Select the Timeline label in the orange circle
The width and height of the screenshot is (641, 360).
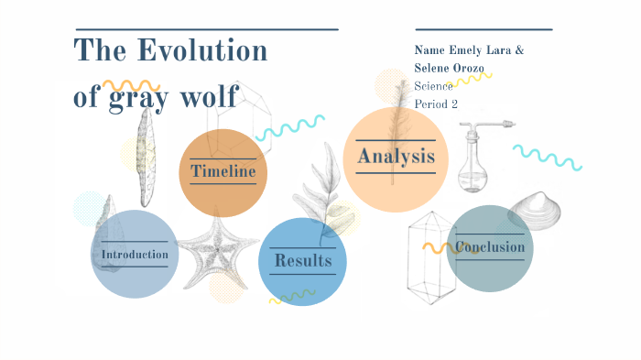click(223, 171)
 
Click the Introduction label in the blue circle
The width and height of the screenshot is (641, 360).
click(135, 254)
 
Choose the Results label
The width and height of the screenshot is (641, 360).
click(302, 261)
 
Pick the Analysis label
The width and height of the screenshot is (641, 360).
click(396, 156)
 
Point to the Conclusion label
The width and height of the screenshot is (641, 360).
click(491, 247)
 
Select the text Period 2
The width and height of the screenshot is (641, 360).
click(436, 104)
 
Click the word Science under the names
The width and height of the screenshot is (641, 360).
click(433, 86)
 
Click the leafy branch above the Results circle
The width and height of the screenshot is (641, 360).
click(320, 188)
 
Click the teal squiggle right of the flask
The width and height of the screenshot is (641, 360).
click(547, 157)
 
